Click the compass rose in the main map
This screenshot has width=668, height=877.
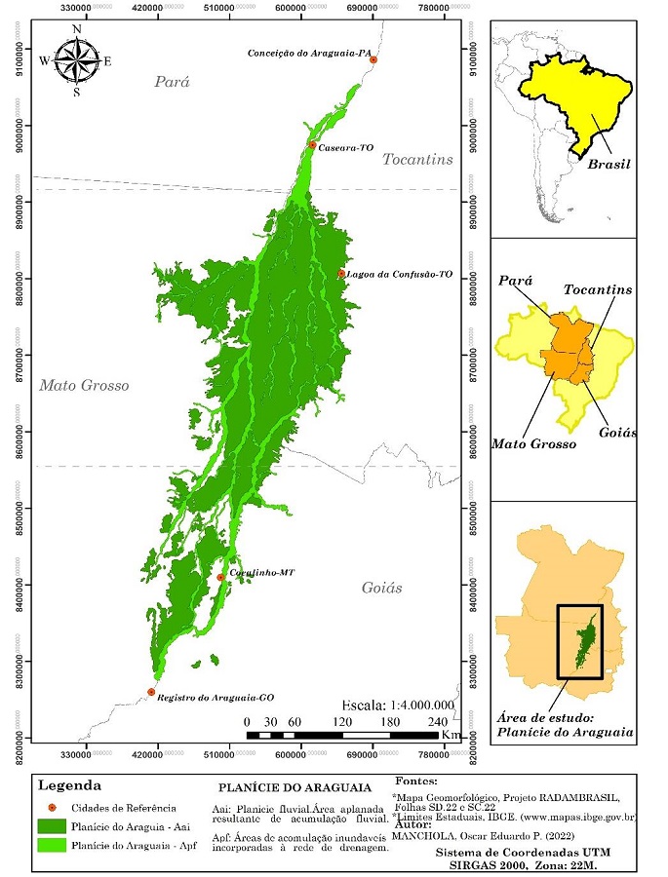(x=76, y=60)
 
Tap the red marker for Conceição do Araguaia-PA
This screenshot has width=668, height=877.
(x=373, y=60)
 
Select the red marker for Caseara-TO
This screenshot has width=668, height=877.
(x=312, y=145)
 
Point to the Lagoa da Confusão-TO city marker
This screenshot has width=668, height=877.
(x=341, y=274)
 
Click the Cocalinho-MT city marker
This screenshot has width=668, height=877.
(x=220, y=578)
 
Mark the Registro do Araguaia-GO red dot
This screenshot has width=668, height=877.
(x=151, y=692)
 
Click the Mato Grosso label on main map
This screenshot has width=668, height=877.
(x=84, y=386)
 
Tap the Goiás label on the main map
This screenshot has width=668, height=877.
(x=381, y=588)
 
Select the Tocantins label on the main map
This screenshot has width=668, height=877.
(x=417, y=159)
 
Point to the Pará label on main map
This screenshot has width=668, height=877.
(x=172, y=82)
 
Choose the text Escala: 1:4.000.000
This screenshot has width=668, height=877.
(x=399, y=705)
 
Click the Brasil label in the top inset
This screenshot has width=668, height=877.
(x=609, y=165)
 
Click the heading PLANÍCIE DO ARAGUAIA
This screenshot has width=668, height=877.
(x=295, y=787)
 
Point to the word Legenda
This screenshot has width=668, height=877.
(x=68, y=784)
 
